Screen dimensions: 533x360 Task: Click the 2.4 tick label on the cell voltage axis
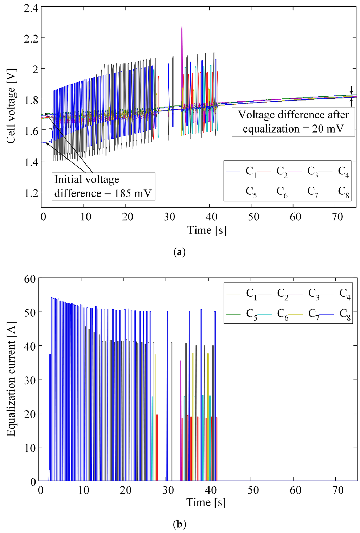pyautogui.click(x=31, y=7)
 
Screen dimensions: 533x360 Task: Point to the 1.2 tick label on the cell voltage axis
pyautogui.click(x=31, y=192)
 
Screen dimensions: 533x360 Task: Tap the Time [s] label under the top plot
pyautogui.click(x=207, y=230)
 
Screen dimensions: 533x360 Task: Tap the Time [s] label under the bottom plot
pyautogui.click(x=206, y=502)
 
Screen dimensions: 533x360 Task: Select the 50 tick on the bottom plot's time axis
pyautogui.click(x=253, y=490)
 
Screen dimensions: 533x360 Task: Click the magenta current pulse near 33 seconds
pyautogui.click(x=181, y=387)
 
